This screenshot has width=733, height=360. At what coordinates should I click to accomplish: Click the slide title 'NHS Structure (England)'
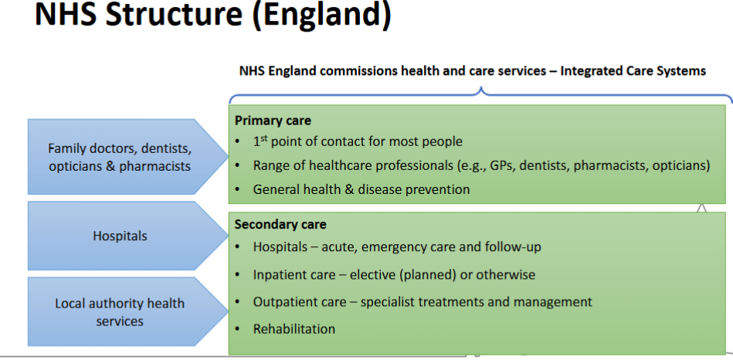(x=212, y=15)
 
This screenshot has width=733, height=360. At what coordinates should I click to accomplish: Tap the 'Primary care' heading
(x=273, y=121)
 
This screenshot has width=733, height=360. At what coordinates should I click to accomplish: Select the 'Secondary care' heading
(x=280, y=224)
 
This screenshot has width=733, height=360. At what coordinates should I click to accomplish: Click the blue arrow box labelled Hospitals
(x=120, y=236)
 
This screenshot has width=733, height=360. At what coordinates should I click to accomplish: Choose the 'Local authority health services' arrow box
(x=120, y=312)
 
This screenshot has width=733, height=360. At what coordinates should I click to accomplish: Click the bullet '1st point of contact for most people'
(x=358, y=141)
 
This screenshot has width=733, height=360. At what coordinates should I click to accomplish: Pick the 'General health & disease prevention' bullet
(x=361, y=189)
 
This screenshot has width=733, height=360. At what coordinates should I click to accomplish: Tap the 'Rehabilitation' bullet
(x=294, y=329)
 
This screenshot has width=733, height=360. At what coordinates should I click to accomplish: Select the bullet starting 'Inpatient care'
(x=394, y=274)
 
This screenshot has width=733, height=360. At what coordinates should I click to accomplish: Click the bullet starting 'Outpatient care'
(x=422, y=301)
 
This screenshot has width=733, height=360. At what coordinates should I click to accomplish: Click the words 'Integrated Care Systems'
(x=633, y=71)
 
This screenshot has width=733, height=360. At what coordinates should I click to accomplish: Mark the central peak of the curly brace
(x=481, y=91)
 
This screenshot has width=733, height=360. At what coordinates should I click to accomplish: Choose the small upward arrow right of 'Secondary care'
(x=702, y=208)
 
